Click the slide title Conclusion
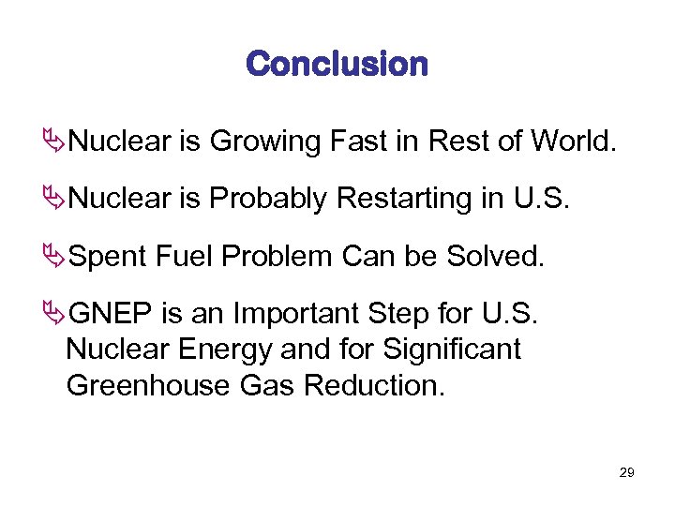[337, 65]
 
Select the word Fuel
[182, 257]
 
